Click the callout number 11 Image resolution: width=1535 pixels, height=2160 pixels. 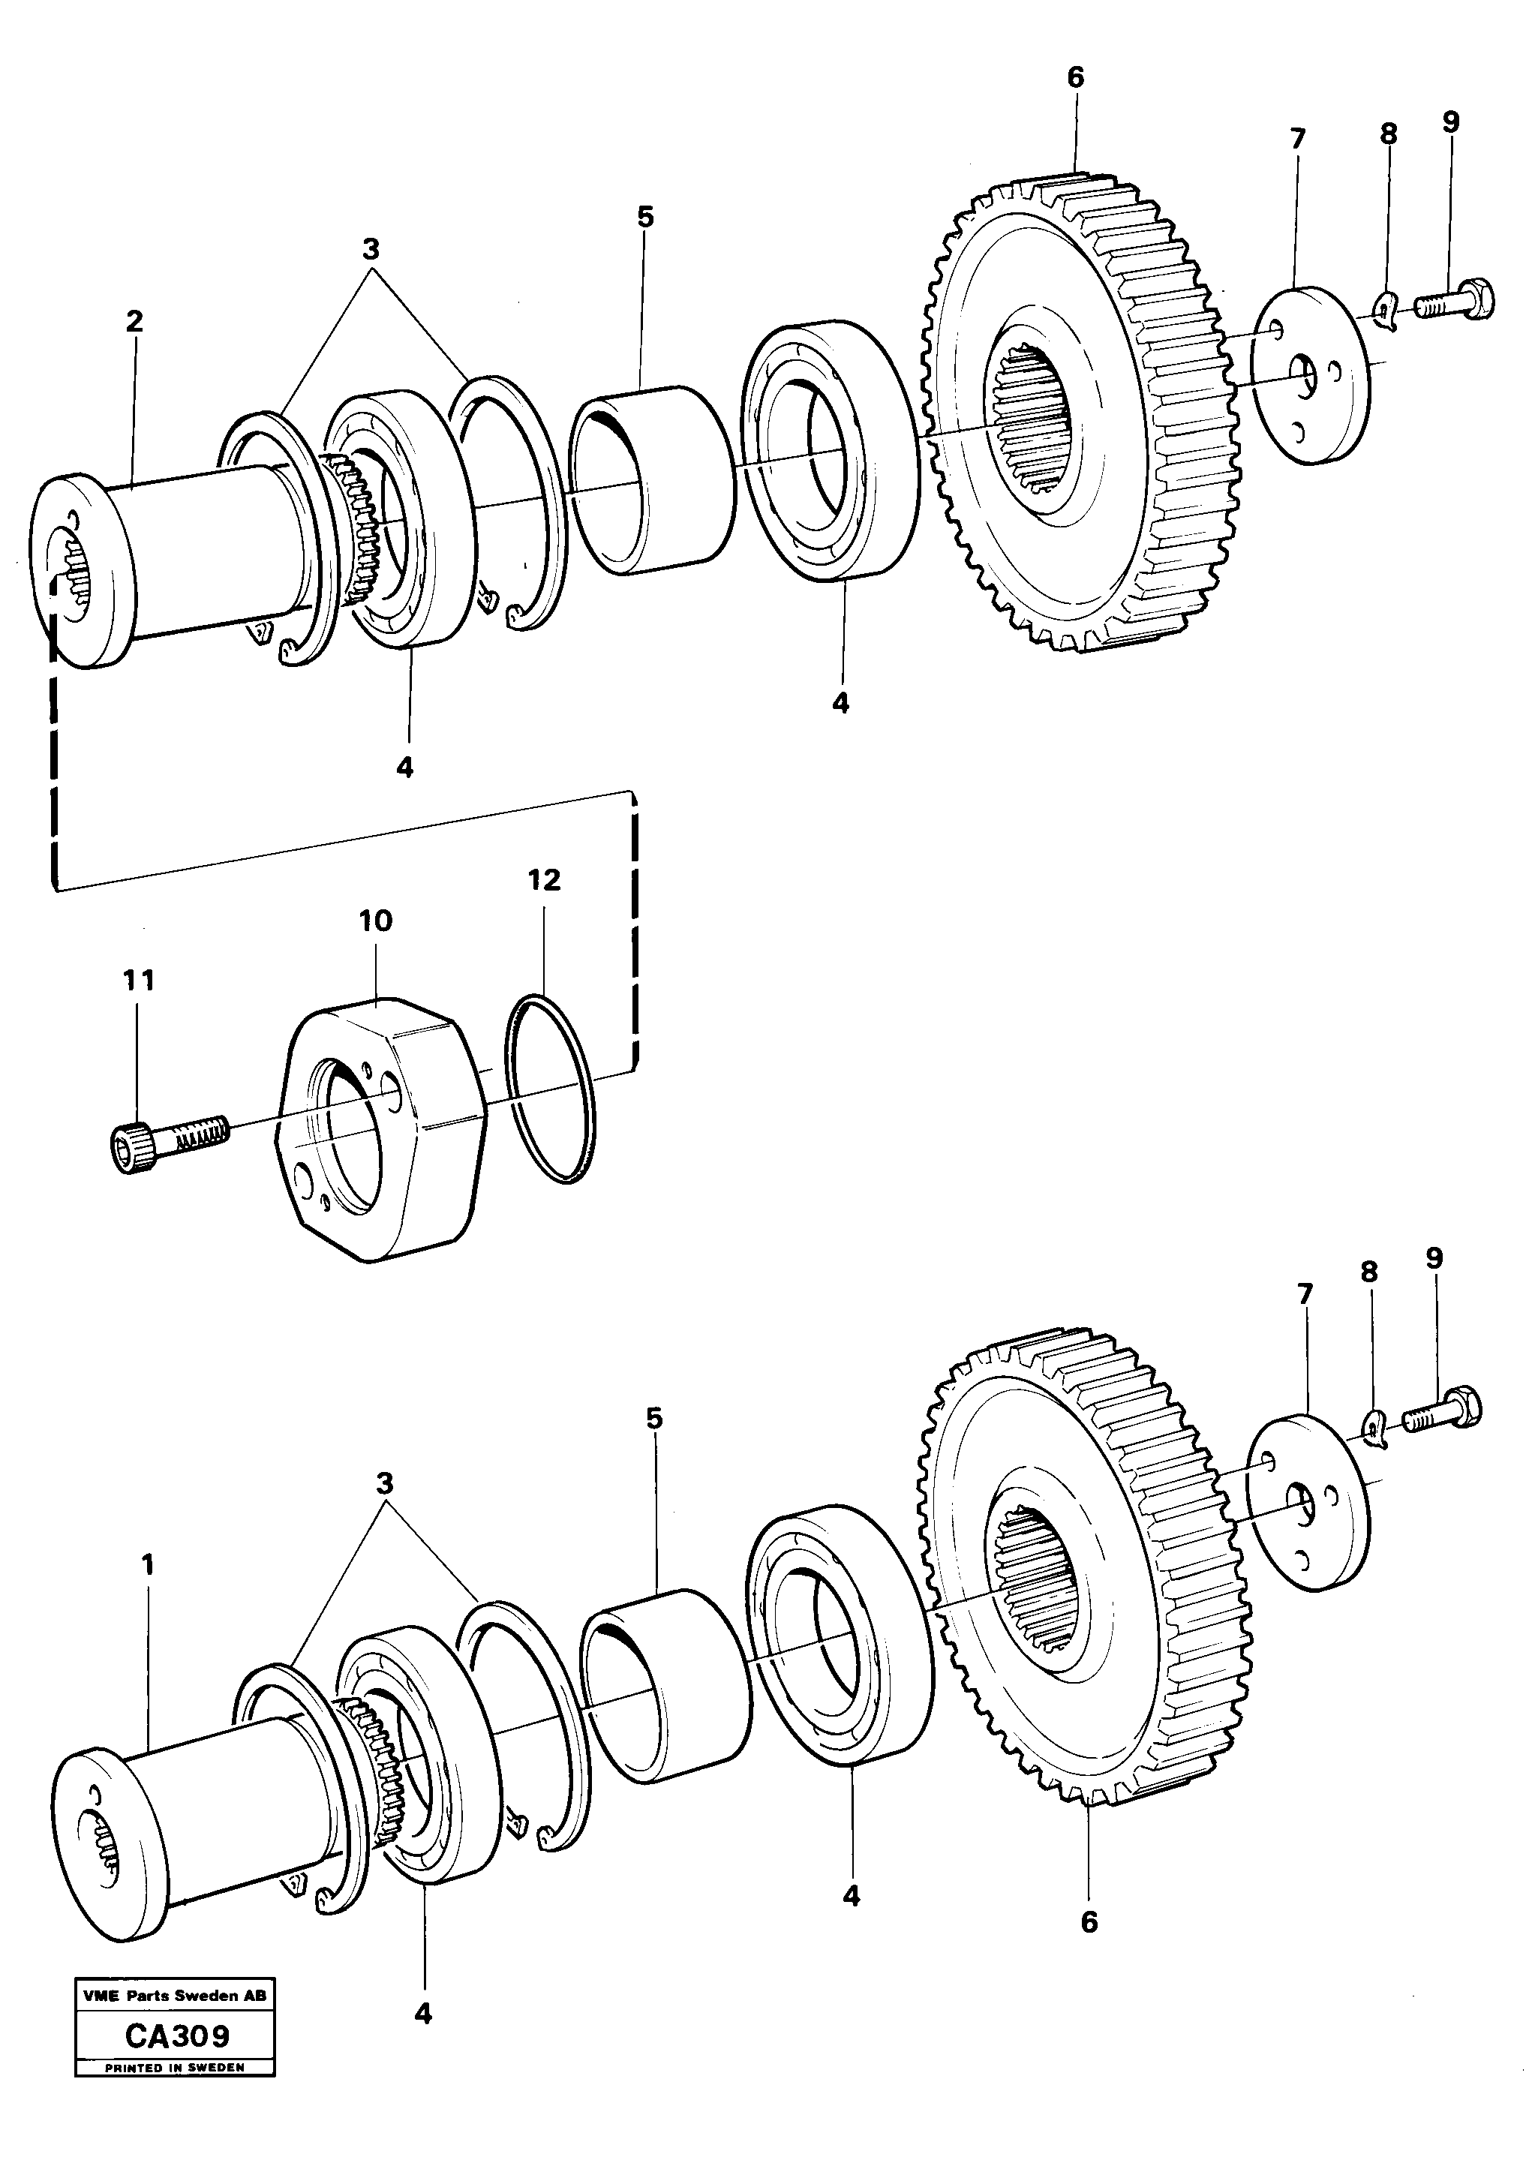click(x=138, y=981)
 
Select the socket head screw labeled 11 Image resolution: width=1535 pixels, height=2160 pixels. click(x=165, y=1138)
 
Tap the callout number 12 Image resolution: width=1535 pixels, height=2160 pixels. click(x=545, y=880)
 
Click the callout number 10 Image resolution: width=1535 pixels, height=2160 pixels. click(x=375, y=921)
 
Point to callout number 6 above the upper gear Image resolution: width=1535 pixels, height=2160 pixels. click(x=1076, y=77)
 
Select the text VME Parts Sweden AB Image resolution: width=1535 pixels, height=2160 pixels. click(x=175, y=1996)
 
